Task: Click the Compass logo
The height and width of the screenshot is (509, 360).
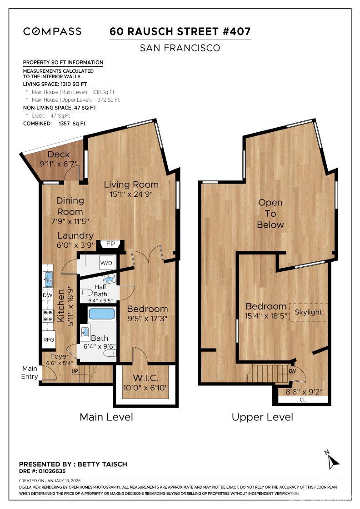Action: click(52, 31)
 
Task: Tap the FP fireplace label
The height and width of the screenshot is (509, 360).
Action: click(110, 244)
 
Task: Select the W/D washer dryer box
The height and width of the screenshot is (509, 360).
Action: click(106, 263)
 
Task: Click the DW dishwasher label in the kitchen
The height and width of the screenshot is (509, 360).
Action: click(48, 295)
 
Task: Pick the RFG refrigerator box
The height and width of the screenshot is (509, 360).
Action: click(49, 339)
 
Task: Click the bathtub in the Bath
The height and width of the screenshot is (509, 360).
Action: click(102, 314)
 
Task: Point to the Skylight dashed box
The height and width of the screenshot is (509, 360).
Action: click(308, 312)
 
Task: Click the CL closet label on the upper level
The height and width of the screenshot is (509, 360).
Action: click(303, 400)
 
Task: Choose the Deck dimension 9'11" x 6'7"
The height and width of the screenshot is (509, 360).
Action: click(59, 164)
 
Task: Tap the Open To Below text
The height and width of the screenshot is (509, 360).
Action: click(270, 214)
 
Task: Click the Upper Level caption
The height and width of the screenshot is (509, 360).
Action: click(262, 417)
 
